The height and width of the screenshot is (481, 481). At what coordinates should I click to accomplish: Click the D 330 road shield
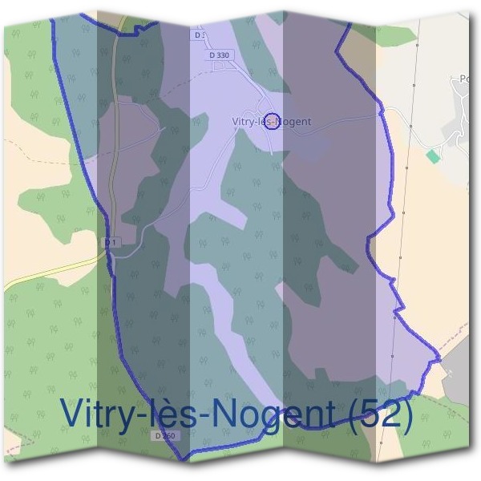coord(217,55)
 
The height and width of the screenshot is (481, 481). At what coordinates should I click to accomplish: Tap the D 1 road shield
coord(111,242)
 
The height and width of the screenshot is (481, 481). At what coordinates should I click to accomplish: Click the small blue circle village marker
coord(272,122)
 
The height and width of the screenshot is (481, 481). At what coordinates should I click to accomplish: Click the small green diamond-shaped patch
coord(434,156)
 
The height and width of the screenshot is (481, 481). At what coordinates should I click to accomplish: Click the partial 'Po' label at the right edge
coord(465,79)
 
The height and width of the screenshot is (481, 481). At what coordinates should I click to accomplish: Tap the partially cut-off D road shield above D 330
coord(200,35)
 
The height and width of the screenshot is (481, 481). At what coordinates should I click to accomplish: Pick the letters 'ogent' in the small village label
coord(296,123)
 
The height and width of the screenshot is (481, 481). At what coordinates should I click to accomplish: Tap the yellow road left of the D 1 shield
coord(48,273)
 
